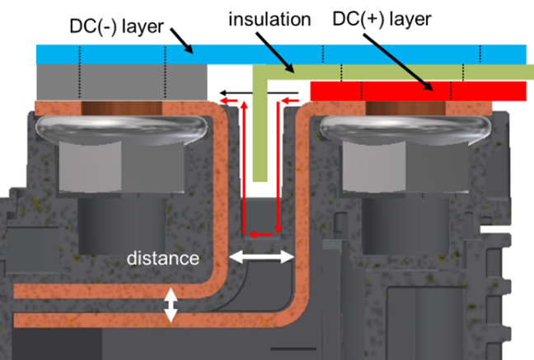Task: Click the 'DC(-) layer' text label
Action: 116,26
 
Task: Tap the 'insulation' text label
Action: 269,19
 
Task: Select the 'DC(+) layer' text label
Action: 382,19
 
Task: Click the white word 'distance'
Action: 163,258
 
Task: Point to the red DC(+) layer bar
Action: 418,91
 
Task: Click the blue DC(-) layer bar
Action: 281,54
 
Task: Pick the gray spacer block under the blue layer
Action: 122,82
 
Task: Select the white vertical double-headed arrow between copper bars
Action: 171,305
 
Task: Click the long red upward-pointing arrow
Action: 244,167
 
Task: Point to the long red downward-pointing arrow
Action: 279,167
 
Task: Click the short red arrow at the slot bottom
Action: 261,234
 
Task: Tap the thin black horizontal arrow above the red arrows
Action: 259,92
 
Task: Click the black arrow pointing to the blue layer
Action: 181,41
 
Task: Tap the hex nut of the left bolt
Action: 122,167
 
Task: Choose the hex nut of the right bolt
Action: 405,167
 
